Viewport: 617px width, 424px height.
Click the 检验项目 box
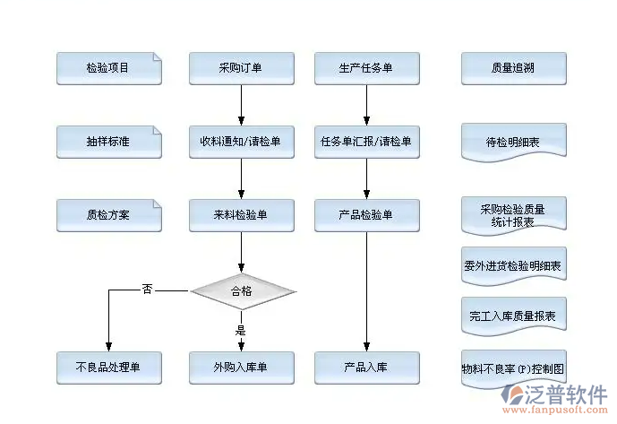pos(108,68)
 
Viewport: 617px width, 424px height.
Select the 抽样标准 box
pos(108,142)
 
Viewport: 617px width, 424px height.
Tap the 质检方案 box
pos(108,215)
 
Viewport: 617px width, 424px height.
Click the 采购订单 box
pos(242,68)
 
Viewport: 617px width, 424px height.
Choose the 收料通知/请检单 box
pos(242,142)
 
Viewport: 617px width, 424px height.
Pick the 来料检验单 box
pos(242,215)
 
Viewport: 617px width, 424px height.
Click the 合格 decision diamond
pos(242,290)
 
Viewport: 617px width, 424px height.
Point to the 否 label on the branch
pos(147,289)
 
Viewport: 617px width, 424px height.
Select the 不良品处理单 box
pos(108,368)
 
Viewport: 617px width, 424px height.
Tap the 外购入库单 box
pos(242,368)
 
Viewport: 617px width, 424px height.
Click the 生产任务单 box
pos(366,68)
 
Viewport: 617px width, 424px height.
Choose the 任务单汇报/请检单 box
pos(366,142)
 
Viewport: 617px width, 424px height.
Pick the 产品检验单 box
pos(366,215)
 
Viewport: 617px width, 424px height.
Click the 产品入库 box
pos(366,368)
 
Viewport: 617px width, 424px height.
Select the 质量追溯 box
pos(513,68)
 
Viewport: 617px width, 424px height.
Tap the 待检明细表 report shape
pos(513,142)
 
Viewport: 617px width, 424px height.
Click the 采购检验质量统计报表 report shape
pos(513,215)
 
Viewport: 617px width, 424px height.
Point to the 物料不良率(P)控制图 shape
pos(513,368)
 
